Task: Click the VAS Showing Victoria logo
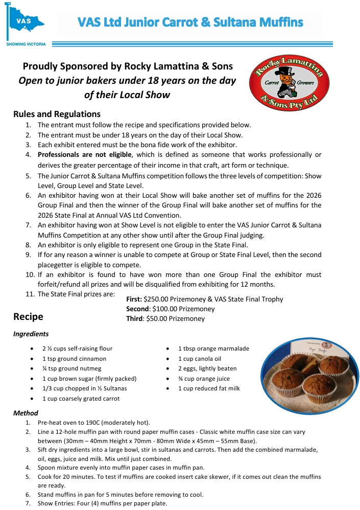pyautogui.click(x=26, y=23)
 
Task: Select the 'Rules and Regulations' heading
pyautogui.click(x=57, y=114)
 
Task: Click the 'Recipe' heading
pyautogui.click(x=28, y=317)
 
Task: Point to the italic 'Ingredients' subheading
pyautogui.click(x=31, y=334)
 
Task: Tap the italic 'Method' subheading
pyautogui.click(x=26, y=413)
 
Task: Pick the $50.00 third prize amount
pyautogui.click(x=159, y=319)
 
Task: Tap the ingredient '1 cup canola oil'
pyautogui.click(x=200, y=359)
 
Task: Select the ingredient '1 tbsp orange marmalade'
pyautogui.click(x=213, y=349)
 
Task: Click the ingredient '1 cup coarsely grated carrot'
pyautogui.click(x=81, y=399)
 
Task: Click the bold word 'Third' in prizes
pyautogui.click(x=135, y=319)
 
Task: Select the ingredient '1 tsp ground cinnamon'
pyautogui.click(x=74, y=359)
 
